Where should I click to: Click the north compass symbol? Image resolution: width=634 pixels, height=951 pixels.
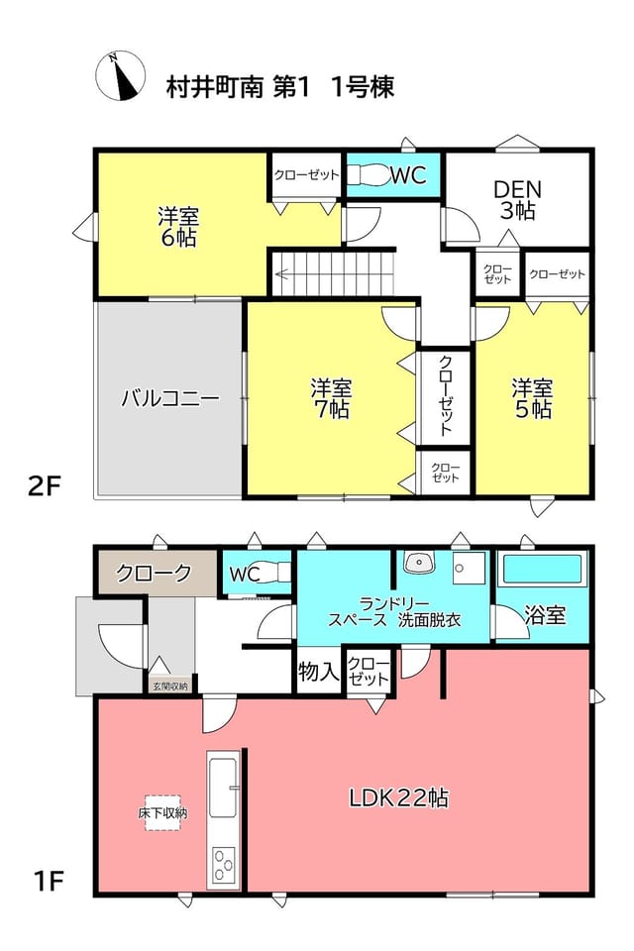click(120, 76)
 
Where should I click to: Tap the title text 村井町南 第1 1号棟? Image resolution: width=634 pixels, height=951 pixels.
click(280, 87)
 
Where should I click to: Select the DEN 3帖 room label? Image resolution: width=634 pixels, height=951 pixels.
click(517, 200)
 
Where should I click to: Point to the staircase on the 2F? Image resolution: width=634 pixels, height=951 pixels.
click(333, 273)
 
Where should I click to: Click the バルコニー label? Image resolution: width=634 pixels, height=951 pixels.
click(169, 398)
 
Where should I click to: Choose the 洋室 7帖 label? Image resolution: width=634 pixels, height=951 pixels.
click(331, 398)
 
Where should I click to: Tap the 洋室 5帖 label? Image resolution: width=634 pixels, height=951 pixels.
click(532, 398)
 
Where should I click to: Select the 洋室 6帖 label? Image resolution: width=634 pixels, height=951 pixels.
click(178, 227)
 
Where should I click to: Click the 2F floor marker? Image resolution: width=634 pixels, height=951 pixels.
click(45, 485)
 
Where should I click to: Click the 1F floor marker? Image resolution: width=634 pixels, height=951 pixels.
click(49, 881)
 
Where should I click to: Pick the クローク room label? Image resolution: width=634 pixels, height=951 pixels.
click(154, 573)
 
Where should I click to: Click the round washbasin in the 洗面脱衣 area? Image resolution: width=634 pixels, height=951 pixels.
click(419, 564)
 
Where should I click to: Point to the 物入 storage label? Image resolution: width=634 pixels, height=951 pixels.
click(319, 672)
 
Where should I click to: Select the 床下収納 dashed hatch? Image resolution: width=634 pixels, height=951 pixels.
click(162, 812)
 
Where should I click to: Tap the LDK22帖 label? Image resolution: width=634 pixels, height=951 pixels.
click(398, 797)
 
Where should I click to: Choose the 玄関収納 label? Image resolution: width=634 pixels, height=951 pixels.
click(169, 686)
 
